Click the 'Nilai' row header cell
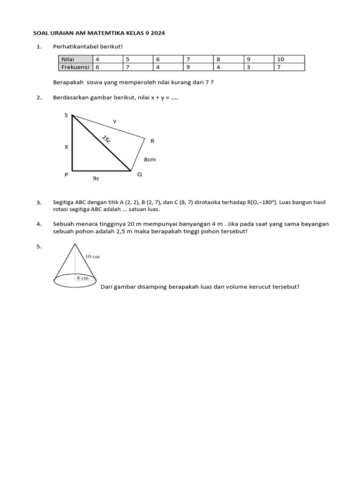[x=75, y=60]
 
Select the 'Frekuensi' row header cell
[x=75, y=67]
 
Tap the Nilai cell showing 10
[x=290, y=60]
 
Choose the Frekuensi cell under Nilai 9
[x=260, y=67]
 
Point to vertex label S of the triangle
[x=66, y=115]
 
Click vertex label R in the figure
[x=152, y=141]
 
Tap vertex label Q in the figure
[x=139, y=174]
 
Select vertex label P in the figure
[x=66, y=174]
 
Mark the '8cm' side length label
[x=150, y=159]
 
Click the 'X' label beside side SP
[x=66, y=147]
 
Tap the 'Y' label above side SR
[x=114, y=122]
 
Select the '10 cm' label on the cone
[x=92, y=256]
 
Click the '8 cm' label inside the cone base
[x=82, y=277]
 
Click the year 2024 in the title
[x=157, y=33]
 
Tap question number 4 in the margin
[x=39, y=224]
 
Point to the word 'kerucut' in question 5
[x=261, y=287]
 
